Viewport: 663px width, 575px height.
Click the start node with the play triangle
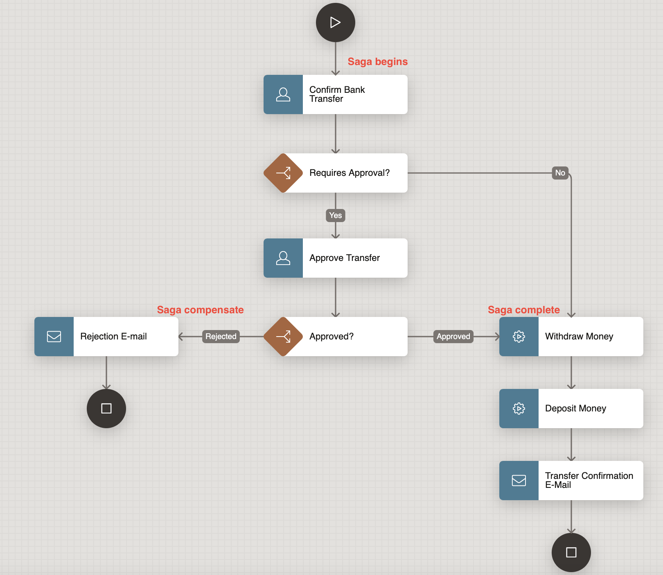[336, 22]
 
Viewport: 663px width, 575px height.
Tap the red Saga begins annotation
[377, 62]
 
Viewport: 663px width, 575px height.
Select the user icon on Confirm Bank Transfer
[283, 94]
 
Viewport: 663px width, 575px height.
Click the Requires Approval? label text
[350, 173]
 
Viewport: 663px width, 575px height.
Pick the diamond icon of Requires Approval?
[283, 173]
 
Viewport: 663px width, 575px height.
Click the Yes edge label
[336, 216]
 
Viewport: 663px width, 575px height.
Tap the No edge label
[560, 173]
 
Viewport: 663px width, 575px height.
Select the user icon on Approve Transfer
[283, 258]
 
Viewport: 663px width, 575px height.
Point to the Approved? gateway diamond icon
[283, 337]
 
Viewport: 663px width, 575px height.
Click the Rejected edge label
[221, 337]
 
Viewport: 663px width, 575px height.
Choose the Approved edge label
[453, 337]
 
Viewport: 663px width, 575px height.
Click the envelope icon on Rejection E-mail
[54, 337]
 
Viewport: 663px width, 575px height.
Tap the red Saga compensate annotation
[200, 310]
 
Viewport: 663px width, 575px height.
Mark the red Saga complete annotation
[523, 310]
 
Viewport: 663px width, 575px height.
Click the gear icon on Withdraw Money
[519, 337]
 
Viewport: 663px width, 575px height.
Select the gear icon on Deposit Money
[519, 409]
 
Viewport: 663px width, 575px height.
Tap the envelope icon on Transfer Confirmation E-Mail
[519, 481]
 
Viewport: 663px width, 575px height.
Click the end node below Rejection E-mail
[106, 409]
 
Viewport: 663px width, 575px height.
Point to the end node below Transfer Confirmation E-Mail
[571, 553]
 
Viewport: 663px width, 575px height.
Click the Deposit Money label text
[575, 409]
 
